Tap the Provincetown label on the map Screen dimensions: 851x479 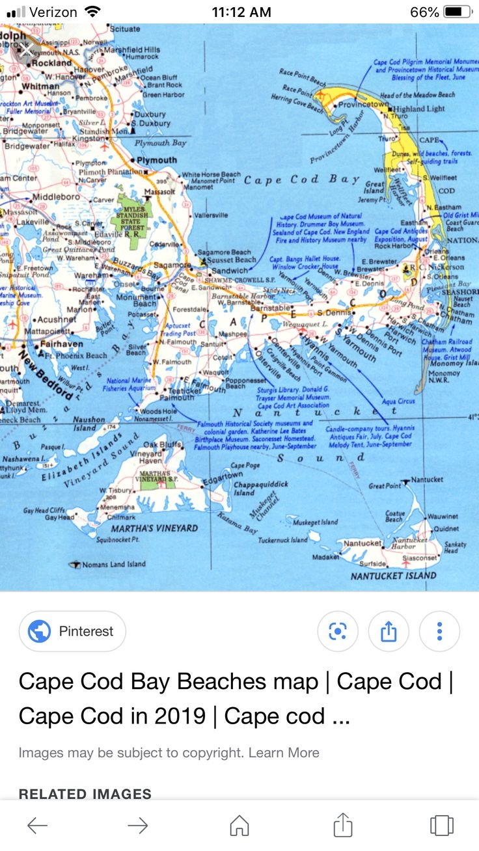(363, 104)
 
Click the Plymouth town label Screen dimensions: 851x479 (157, 159)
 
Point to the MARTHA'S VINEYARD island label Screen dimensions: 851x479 (154, 528)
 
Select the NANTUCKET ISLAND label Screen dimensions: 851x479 (393, 576)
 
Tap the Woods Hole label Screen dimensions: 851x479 (159, 411)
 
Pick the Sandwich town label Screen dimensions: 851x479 (230, 271)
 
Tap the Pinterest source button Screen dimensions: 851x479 (72, 631)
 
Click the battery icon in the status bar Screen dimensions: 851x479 (458, 12)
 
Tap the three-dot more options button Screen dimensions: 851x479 (439, 631)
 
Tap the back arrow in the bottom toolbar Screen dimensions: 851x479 (37, 826)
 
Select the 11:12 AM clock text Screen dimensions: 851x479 (241, 12)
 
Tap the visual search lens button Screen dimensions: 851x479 (337, 631)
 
